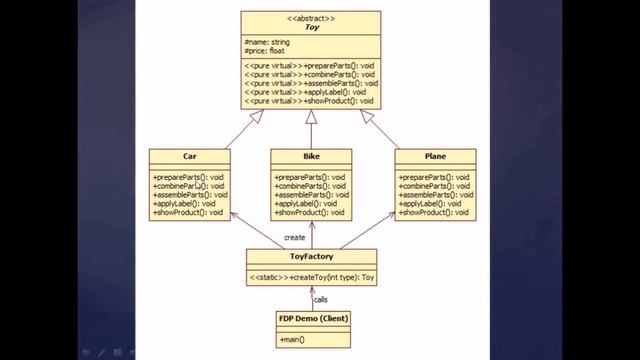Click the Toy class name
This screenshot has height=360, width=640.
pyautogui.click(x=311, y=28)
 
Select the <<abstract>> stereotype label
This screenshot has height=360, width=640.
pyautogui.click(x=311, y=18)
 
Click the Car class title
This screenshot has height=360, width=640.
pyautogui.click(x=189, y=157)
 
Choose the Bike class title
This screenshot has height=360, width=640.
pyautogui.click(x=311, y=157)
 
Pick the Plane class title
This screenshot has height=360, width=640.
pyautogui.click(x=434, y=157)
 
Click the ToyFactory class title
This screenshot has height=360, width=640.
pyautogui.click(x=311, y=256)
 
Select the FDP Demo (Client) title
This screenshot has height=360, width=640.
pyautogui.click(x=313, y=319)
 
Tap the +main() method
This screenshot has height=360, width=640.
pyautogui.click(x=293, y=340)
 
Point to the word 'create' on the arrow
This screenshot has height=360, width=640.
pyautogui.click(x=294, y=237)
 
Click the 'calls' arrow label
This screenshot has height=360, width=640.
pyautogui.click(x=321, y=298)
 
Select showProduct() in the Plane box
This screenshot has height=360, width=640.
pyautogui.click(x=434, y=213)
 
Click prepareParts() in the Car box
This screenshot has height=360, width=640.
pyautogui.click(x=189, y=177)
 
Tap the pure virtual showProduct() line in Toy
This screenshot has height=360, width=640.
pyautogui.click(x=310, y=100)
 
